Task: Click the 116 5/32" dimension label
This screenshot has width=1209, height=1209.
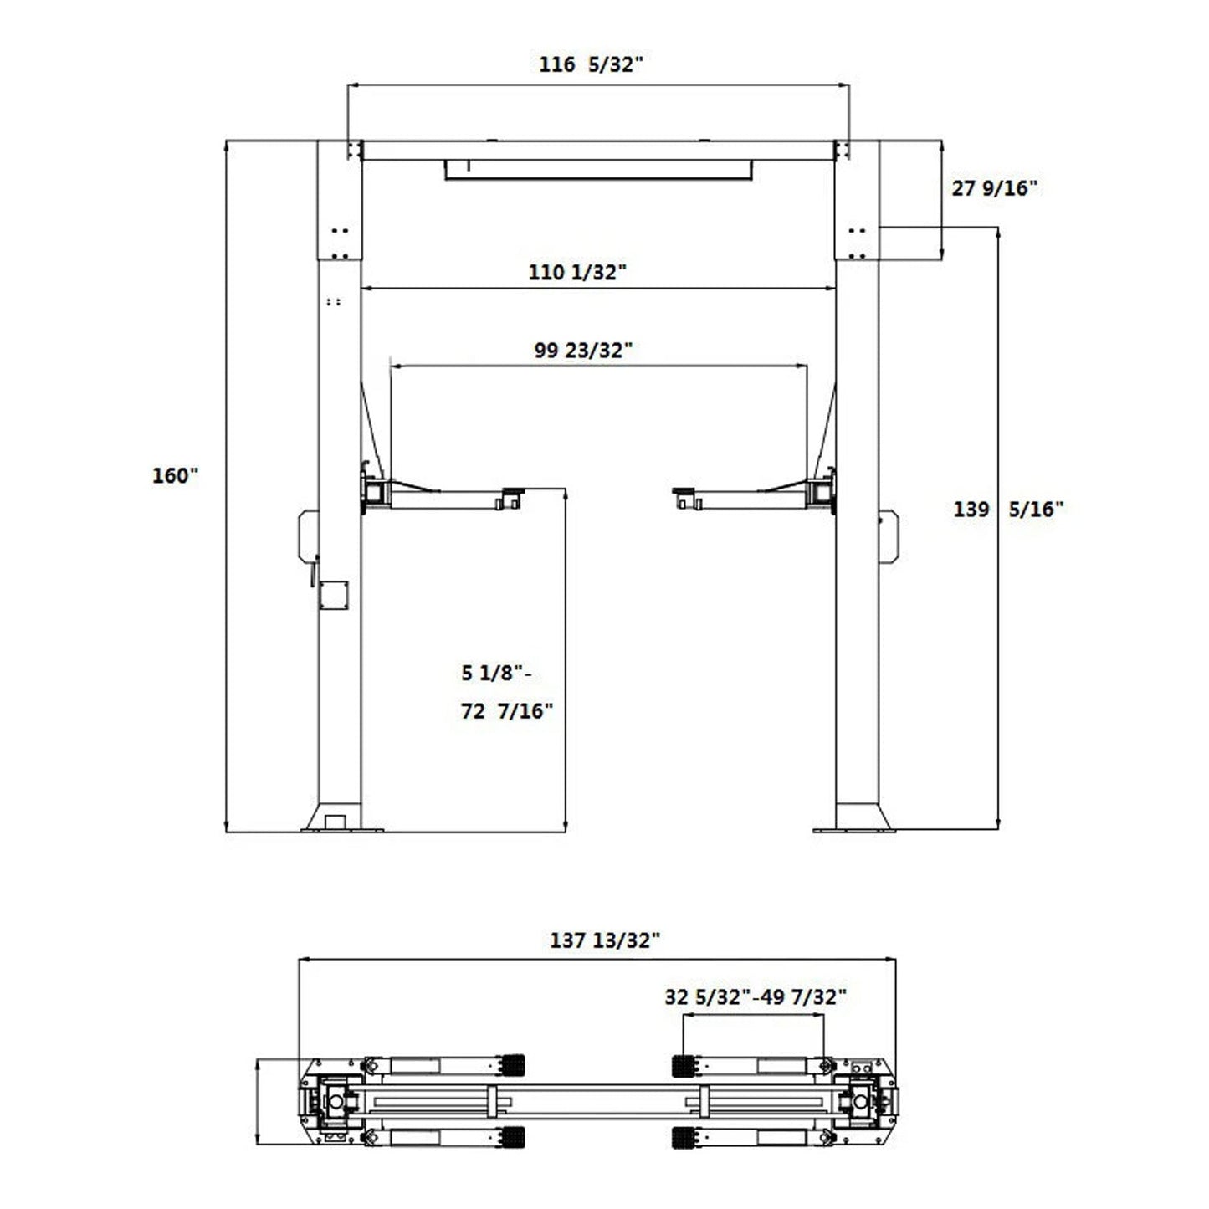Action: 591,64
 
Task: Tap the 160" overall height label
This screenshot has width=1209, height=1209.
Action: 175,475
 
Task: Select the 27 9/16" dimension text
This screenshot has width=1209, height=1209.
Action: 994,188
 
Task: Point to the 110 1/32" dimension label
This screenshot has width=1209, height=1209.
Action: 577,272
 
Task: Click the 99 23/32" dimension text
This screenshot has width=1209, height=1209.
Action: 583,350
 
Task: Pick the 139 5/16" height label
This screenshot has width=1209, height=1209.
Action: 1008,509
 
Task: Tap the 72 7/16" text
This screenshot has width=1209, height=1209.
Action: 507,711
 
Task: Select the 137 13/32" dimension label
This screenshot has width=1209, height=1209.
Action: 605,940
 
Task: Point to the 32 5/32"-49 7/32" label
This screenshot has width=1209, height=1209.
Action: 756,996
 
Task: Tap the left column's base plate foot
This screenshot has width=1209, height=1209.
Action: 341,819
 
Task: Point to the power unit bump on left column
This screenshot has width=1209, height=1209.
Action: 306,535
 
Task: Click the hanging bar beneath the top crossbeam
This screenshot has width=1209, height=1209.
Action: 597,171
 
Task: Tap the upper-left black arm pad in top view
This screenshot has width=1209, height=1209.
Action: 512,1065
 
